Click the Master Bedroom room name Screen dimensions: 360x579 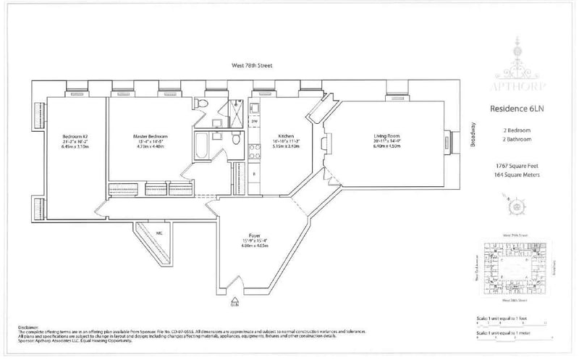(151, 136)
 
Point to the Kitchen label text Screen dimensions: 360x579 (286, 136)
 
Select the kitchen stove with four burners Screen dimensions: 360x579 (255, 151)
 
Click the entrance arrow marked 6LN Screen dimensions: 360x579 (234, 301)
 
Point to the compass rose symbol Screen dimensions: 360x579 (517, 207)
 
